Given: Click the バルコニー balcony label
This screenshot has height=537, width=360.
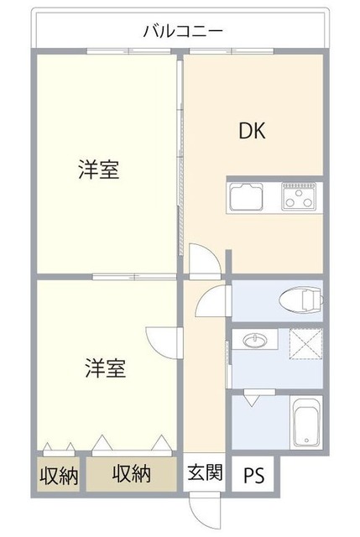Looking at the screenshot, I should pos(182,31).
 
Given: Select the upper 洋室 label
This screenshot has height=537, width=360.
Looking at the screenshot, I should pos(98,170).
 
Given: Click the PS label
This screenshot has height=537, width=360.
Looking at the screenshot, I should pos(253,475).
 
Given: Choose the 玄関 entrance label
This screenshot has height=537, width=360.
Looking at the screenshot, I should pos(205,473).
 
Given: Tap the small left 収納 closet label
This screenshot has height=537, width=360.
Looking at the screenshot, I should pos(59,475).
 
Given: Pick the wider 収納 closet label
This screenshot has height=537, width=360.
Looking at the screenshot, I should pos(132,473).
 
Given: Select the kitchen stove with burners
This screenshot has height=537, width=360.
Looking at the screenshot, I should pos(298,199).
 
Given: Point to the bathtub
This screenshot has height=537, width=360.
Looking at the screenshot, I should pos(305,423).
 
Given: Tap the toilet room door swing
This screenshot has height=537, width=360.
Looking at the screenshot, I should pos(214,300).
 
